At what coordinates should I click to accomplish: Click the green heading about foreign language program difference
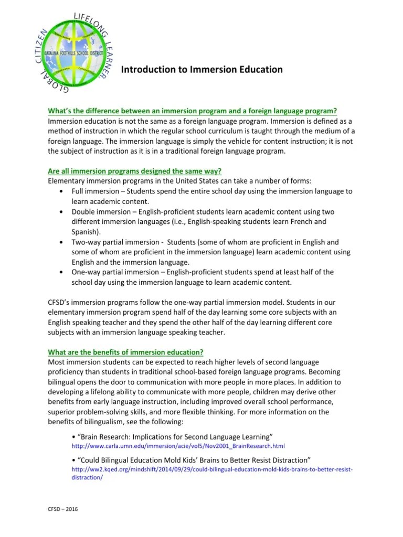tap(192, 111)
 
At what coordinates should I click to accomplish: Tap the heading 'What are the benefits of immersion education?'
tap(126, 352)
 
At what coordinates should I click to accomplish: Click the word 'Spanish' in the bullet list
tap(84, 232)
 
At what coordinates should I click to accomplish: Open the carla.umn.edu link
tap(178, 446)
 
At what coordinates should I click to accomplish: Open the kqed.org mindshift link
tap(211, 469)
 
